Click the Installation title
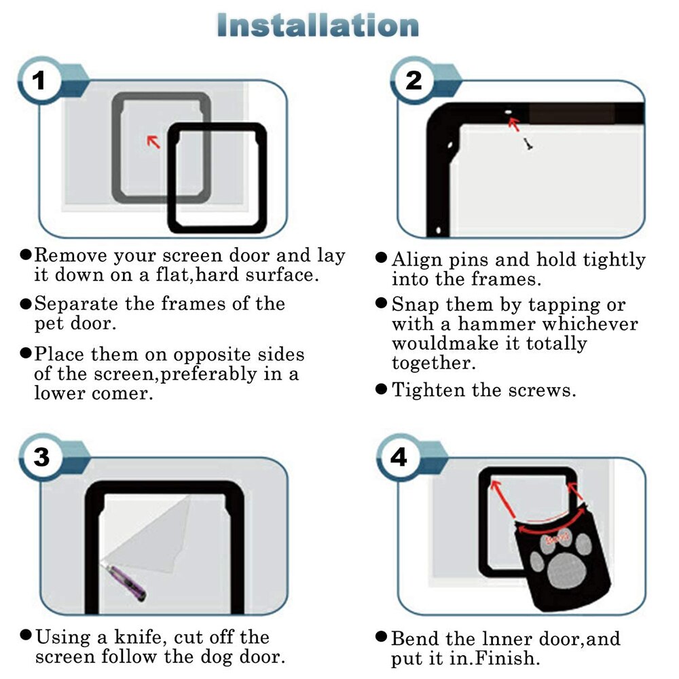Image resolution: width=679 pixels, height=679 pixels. pos(318,25)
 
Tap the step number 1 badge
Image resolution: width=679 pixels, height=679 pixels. pos(39,81)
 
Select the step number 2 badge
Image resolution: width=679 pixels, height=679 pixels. pos(414,81)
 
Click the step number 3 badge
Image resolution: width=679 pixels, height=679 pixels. pos(41,458)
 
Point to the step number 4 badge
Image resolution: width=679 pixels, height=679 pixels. pos(399,458)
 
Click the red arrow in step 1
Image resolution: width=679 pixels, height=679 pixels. pos(153,142)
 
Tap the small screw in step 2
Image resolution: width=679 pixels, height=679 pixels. pos(528,144)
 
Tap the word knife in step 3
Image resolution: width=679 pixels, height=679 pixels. pos(138,637)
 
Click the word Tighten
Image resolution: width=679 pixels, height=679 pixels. pos(428,390)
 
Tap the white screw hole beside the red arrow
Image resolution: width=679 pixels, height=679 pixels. pos(509,112)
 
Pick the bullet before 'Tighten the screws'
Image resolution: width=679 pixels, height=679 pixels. pos(381,389)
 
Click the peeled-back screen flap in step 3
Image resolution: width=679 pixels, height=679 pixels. pos(149,535)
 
